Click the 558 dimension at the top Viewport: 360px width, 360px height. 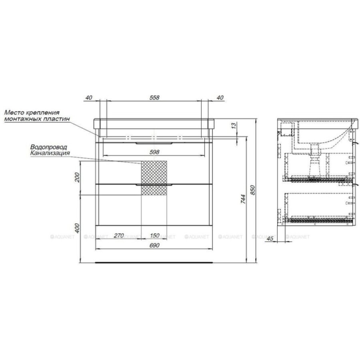[154, 98]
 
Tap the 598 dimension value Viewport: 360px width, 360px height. [154, 152]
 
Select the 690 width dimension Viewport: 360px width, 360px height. [154, 246]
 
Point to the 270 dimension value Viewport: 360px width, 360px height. [119, 236]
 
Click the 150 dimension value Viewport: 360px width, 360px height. [154, 236]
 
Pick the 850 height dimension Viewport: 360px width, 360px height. [252, 190]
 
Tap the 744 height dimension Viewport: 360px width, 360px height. [243, 199]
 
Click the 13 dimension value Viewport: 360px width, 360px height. [234, 126]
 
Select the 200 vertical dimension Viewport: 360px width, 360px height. [77, 177]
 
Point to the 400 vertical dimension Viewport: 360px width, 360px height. [77, 228]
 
